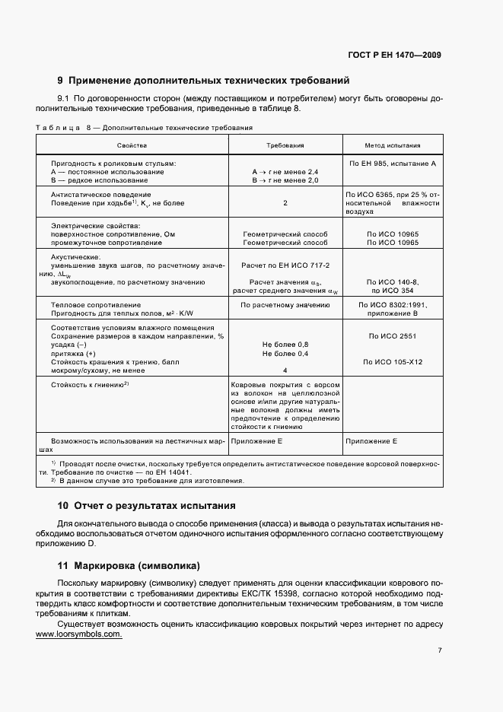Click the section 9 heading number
click(x=60, y=80)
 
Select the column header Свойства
click(x=132, y=145)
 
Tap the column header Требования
click(x=285, y=145)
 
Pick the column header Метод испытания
click(x=392, y=145)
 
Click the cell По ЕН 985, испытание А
click(x=392, y=164)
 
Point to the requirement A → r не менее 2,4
click(x=285, y=172)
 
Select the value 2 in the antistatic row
click(x=285, y=203)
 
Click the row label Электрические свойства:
click(x=95, y=226)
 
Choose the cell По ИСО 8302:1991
click(x=392, y=304)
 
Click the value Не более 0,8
click(x=285, y=345)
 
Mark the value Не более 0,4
click(x=285, y=354)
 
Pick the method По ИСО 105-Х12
click(x=392, y=362)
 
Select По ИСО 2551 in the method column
click(x=392, y=335)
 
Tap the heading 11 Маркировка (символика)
click(x=129, y=566)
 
